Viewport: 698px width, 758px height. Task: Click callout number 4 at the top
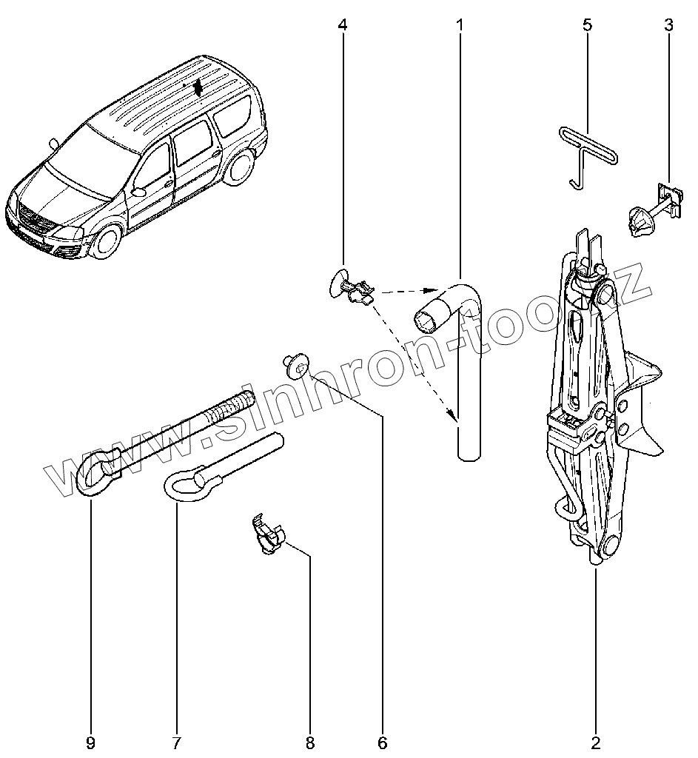[342, 25]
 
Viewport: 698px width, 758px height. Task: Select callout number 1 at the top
[460, 25]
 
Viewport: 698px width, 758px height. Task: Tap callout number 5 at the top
[587, 25]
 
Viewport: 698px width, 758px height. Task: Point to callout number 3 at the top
[668, 25]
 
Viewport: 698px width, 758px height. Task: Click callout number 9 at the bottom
[90, 742]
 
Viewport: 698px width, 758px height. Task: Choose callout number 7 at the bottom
[177, 742]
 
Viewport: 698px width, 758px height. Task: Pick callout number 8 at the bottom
[309, 742]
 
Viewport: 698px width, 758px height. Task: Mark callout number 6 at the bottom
[383, 742]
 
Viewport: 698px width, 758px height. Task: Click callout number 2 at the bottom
[596, 742]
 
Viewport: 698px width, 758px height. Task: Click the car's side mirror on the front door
[137, 192]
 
